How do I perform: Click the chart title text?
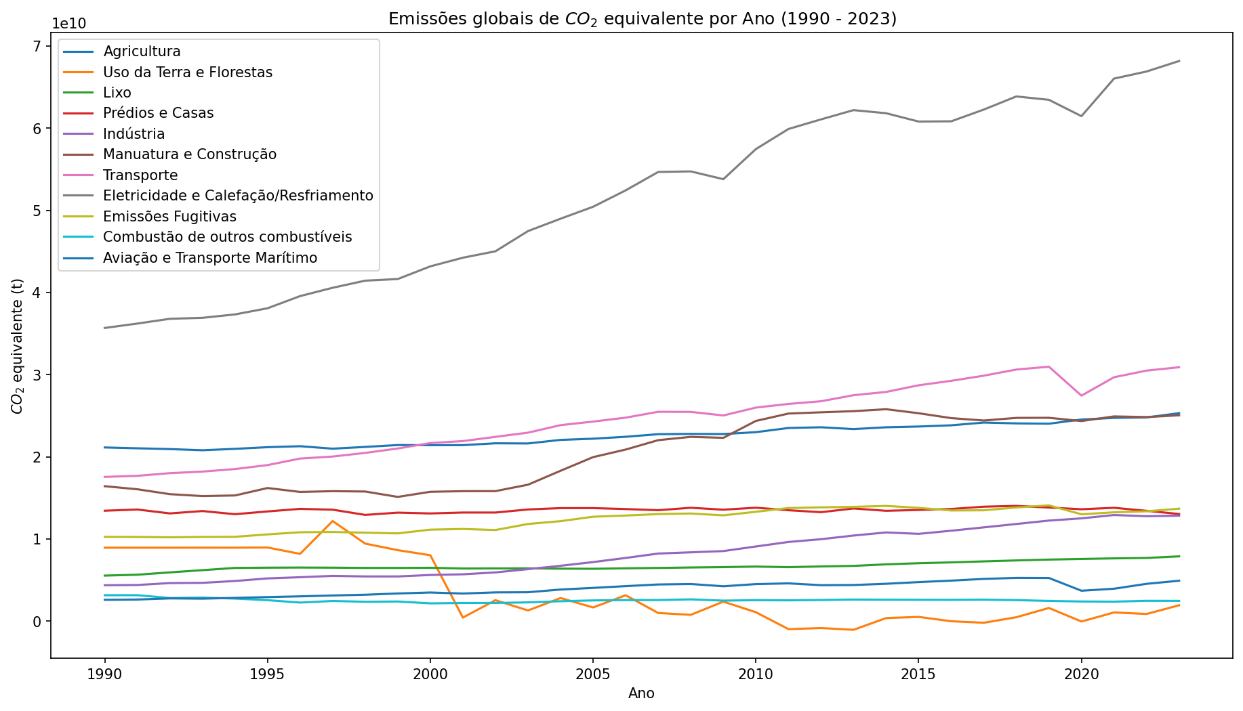(642, 19)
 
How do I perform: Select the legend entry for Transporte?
(140, 175)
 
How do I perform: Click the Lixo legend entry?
(117, 93)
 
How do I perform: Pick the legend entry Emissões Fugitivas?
(169, 217)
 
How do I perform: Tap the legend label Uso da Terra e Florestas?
(188, 72)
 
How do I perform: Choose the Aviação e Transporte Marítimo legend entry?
(210, 258)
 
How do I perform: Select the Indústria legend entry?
(134, 134)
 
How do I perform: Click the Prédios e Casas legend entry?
(158, 113)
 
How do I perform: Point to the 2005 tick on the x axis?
(593, 674)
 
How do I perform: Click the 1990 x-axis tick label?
(104, 674)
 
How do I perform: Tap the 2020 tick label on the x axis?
(1081, 674)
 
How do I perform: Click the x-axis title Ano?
(641, 693)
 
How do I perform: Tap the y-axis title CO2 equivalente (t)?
(18, 345)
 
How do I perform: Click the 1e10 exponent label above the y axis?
(69, 24)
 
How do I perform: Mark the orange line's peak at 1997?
(332, 521)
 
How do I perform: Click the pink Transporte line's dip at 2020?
(1081, 395)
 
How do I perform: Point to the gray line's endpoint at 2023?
(1179, 61)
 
